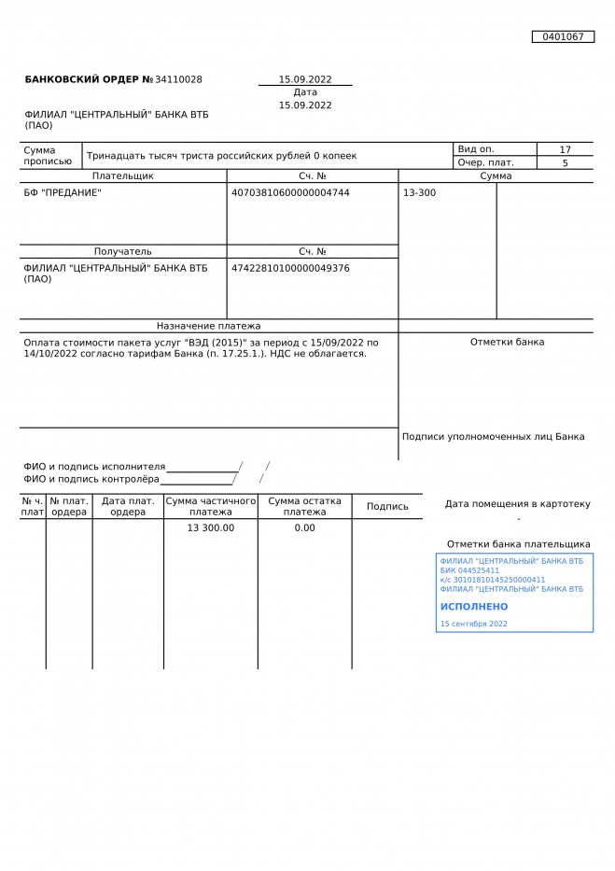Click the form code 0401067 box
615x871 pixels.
pos(563,37)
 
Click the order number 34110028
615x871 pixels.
pos(178,80)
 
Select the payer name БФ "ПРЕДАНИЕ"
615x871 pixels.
pos(63,193)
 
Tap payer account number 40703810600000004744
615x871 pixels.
pos(290,193)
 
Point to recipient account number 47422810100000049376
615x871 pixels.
pos(290,269)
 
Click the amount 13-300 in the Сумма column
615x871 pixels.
pos(419,193)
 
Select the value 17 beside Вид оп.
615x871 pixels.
pos(565,149)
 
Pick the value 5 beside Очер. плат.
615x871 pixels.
pos(565,163)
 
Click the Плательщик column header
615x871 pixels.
pos(122,176)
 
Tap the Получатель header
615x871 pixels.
pos(122,252)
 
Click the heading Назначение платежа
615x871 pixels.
pos(208,327)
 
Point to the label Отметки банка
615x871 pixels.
pos(507,343)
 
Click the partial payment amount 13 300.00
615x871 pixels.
pos(211,528)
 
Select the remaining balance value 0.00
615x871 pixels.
pos(304,528)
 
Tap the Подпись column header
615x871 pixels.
pos(387,507)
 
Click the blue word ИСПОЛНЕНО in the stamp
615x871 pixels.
pos(474,607)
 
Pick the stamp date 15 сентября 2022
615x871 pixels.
pos(473,624)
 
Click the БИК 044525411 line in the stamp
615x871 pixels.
pos(469,570)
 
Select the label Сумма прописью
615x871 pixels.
pos(48,156)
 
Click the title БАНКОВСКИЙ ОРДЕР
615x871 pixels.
pos(82,80)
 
